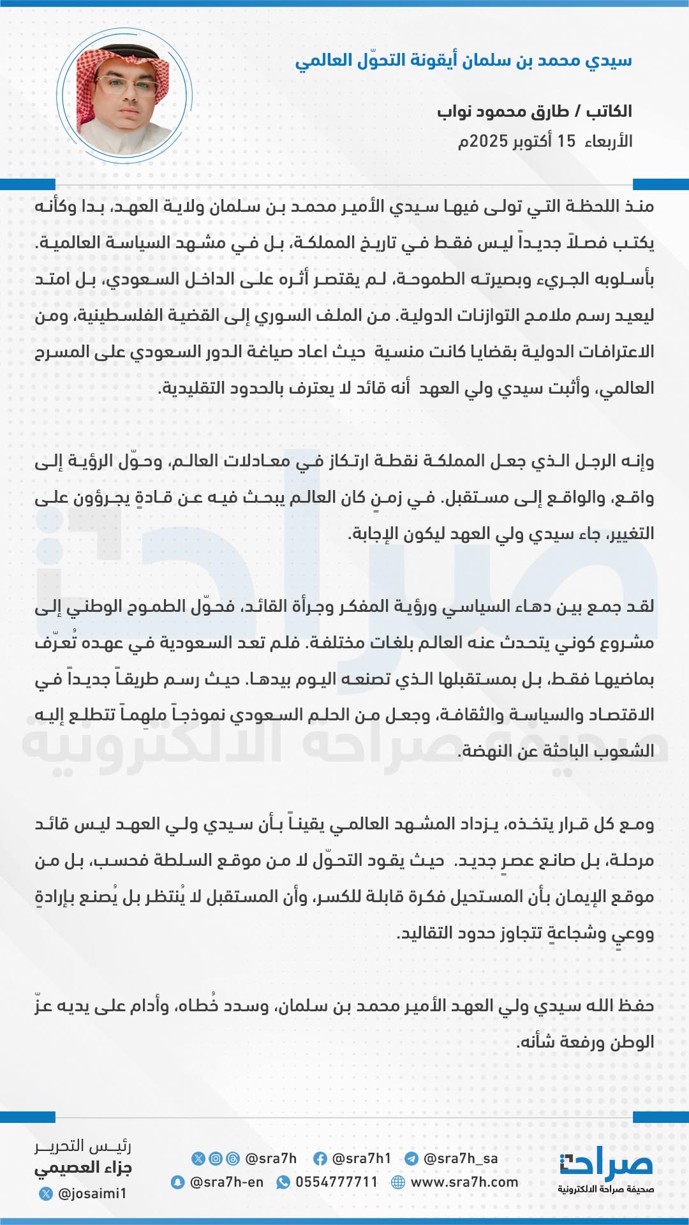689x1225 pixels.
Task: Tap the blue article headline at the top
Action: [463, 61]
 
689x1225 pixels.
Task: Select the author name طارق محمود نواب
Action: [503, 112]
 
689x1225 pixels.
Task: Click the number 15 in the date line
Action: [566, 141]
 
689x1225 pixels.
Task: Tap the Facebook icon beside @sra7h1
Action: [320, 1159]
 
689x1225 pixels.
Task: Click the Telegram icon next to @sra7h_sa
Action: [411, 1159]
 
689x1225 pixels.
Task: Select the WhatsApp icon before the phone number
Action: [283, 1182]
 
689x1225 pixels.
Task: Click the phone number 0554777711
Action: [336, 1182]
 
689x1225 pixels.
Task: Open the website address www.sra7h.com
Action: [464, 1182]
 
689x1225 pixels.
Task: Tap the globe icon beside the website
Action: [398, 1182]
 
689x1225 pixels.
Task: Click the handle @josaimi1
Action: [92, 1193]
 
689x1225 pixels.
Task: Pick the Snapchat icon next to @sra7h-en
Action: [177, 1182]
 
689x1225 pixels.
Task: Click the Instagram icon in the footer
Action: [216, 1159]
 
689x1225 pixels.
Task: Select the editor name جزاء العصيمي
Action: [83, 1168]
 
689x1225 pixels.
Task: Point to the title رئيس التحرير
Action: [83, 1146]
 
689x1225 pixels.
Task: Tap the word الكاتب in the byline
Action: [609, 112]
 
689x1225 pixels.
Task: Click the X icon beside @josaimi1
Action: [45, 1193]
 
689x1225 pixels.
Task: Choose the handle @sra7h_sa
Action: [461, 1159]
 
